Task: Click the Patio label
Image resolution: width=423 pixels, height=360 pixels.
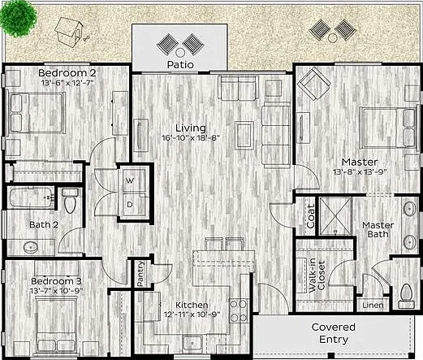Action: pos(180,65)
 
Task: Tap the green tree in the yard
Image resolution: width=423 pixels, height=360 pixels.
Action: pos(18,18)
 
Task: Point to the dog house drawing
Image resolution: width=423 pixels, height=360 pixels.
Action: pos(69,32)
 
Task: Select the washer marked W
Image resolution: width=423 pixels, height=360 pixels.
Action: pos(133,180)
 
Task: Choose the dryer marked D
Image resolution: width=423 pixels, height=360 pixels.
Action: pos(133,205)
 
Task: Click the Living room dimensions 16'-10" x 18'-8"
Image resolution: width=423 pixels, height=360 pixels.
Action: pos(191,138)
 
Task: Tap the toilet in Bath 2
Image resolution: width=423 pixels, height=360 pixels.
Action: pos(70,201)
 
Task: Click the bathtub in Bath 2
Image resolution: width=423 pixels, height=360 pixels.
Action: pos(30,197)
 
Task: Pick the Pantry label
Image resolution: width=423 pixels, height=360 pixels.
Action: pos(140,273)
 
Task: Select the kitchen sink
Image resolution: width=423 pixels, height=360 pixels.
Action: pos(192,343)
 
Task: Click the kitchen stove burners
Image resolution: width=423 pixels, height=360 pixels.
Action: pos(239,310)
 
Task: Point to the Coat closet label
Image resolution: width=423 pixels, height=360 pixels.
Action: pos(311,216)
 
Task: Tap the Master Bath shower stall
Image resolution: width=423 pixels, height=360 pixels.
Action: pos(335,216)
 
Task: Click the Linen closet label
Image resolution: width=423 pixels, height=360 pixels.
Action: pos(373,306)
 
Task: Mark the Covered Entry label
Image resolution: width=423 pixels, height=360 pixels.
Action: pos(334,333)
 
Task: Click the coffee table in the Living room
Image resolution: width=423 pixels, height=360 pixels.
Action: pos(244,136)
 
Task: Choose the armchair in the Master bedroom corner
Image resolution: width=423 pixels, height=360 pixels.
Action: pos(314,84)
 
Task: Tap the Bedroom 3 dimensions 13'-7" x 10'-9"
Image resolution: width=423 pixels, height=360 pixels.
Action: pos(56,291)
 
